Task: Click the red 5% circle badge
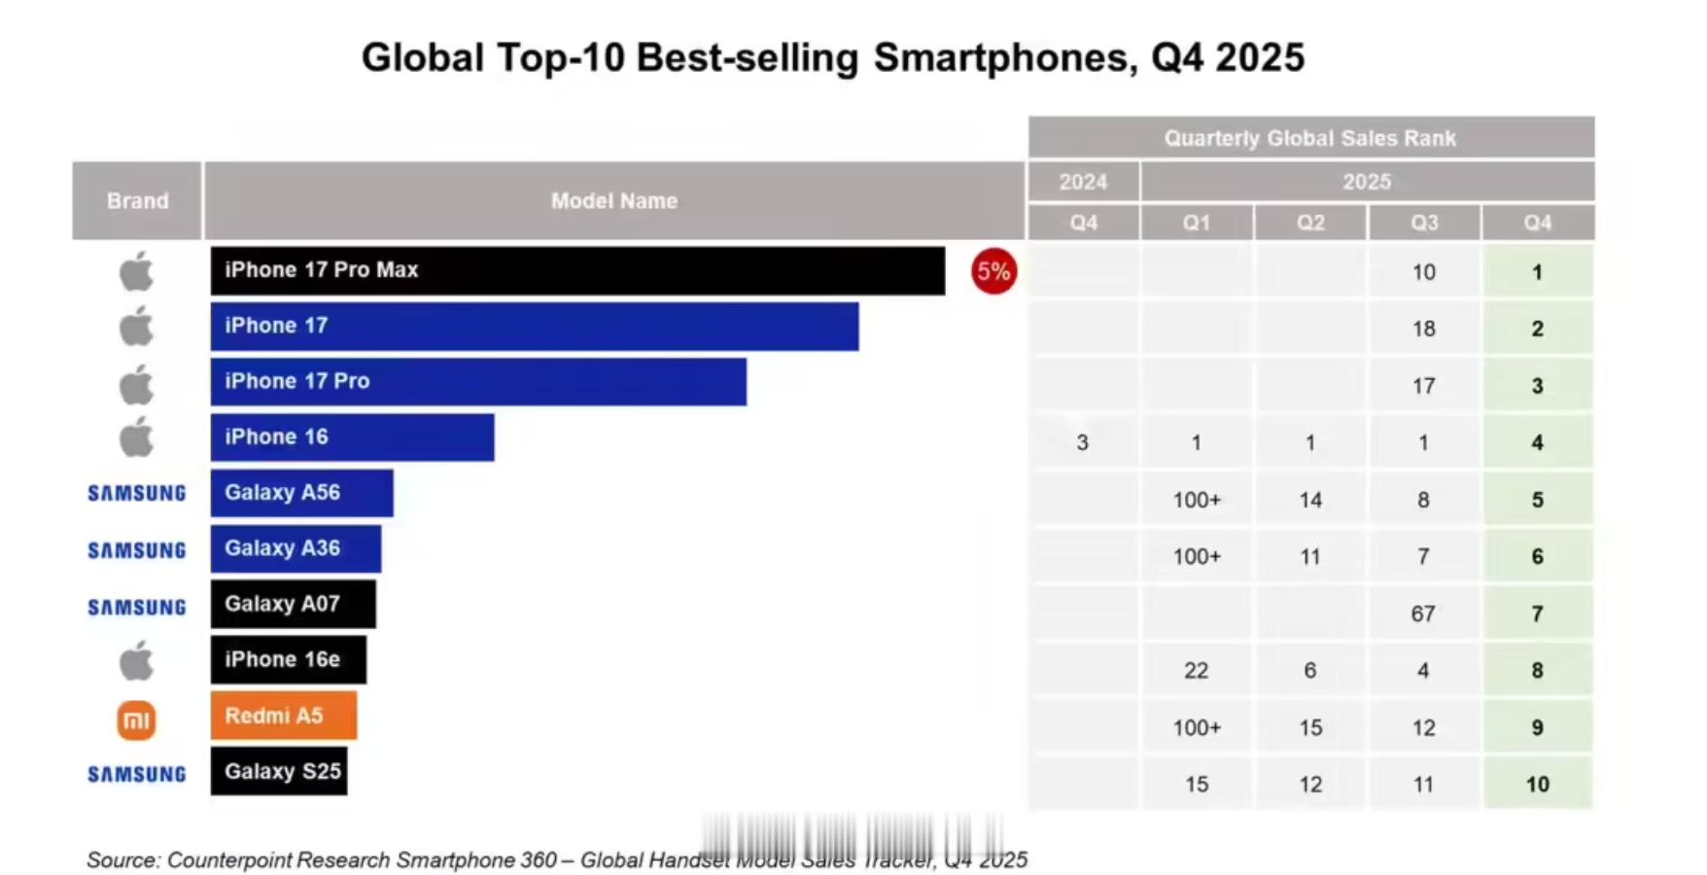coord(993,271)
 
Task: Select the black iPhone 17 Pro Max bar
coord(577,270)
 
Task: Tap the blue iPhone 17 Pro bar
coord(478,381)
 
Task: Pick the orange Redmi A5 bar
coord(283,716)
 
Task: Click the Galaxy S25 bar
coord(279,772)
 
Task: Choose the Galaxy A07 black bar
coord(293,604)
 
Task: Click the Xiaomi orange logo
coord(136,720)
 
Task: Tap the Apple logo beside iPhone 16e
coord(136,661)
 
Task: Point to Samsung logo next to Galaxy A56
coord(136,494)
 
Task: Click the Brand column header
coord(137,201)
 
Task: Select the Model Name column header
coord(614,201)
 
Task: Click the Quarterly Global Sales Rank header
coord(1310,138)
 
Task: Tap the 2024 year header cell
coord(1083,182)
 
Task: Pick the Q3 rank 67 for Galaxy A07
coord(1423,613)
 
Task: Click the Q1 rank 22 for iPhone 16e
coord(1196,671)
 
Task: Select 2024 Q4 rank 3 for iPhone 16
coord(1082,443)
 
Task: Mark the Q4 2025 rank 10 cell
coord(1537,785)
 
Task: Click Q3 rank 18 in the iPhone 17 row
coord(1423,329)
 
